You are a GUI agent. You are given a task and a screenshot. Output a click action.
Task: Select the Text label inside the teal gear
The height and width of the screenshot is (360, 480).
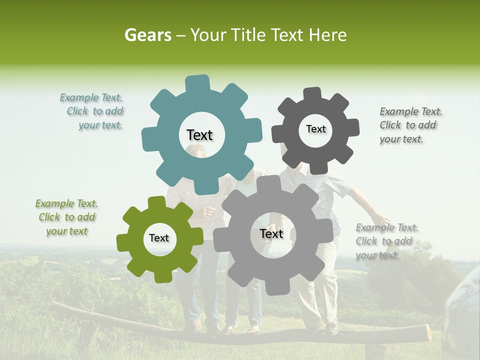(199, 135)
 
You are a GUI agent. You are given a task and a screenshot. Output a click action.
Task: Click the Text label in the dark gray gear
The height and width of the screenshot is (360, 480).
(315, 129)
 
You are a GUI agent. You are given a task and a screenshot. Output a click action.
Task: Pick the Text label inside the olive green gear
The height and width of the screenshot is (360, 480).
(159, 238)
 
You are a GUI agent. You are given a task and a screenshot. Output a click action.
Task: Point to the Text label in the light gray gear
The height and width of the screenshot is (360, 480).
(271, 233)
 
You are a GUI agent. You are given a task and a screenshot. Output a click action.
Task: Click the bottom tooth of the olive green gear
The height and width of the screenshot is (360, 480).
(161, 276)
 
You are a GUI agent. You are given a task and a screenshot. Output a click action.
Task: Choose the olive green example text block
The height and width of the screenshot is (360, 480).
(66, 217)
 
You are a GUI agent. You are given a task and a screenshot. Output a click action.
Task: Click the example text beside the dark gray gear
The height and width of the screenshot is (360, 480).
(410, 125)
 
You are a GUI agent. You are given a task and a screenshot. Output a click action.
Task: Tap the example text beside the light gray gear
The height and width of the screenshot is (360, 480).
(386, 241)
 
